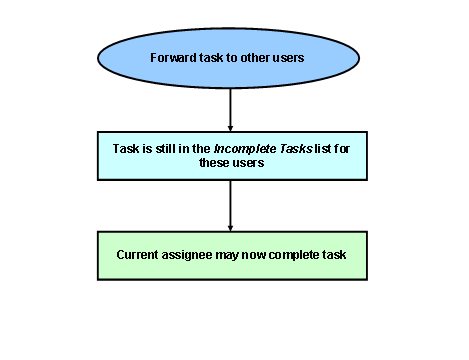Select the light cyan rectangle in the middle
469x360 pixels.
(231, 155)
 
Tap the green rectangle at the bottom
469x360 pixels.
(231, 255)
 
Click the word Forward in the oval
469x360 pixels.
(172, 56)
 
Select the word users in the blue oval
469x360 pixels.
(288, 56)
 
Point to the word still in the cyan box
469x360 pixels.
(166, 146)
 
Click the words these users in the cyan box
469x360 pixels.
(231, 162)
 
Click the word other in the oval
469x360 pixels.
(253, 56)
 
